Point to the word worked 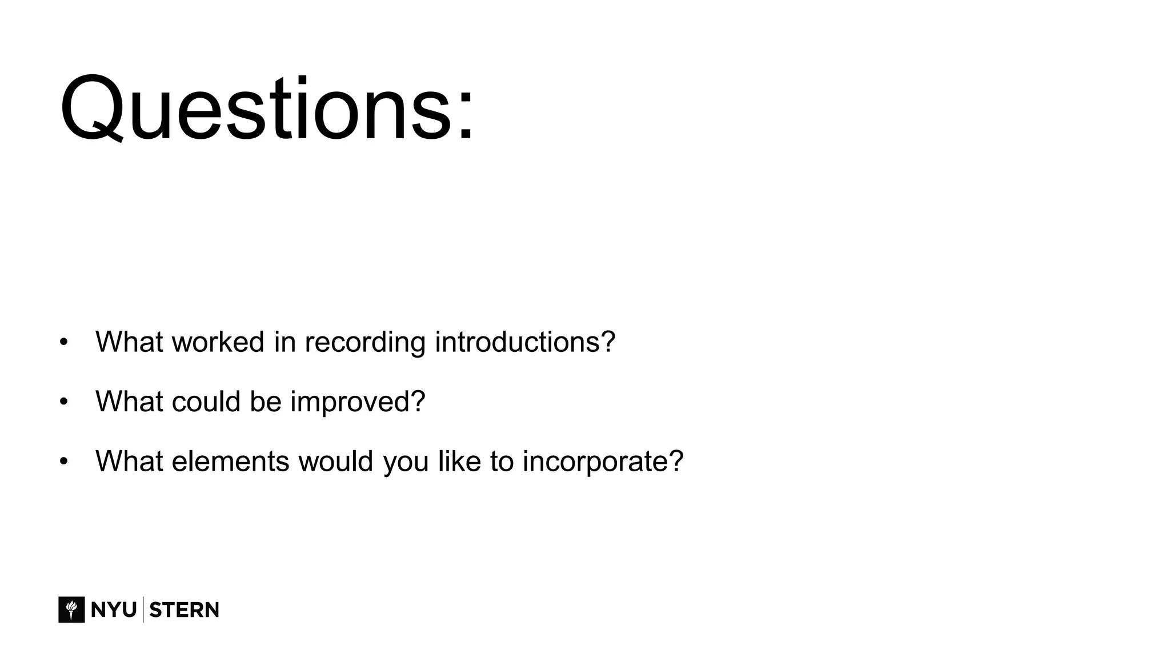point(218,342)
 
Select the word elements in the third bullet point(230,461)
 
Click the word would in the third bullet point(335,461)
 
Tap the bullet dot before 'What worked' point(63,342)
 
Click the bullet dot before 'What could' point(63,402)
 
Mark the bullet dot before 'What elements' point(63,462)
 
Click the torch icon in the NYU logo point(71,609)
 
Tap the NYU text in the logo point(113,610)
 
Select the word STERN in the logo point(184,610)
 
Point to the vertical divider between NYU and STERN point(143,609)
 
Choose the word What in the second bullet point(129,401)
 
